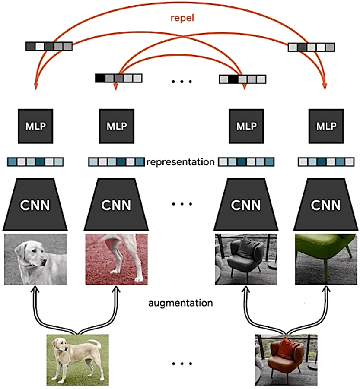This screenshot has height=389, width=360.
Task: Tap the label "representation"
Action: tap(180, 162)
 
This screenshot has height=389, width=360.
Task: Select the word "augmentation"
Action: tap(180, 303)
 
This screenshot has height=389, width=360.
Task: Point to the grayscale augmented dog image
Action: tap(35, 259)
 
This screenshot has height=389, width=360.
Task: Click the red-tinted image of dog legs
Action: tap(116, 259)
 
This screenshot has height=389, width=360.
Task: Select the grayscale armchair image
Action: tap(246, 259)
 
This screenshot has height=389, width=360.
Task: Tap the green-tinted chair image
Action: tap(326, 259)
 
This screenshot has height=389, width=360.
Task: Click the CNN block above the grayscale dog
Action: tap(35, 205)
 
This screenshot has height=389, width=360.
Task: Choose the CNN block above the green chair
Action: tap(326, 205)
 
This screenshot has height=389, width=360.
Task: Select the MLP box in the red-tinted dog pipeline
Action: tap(115, 126)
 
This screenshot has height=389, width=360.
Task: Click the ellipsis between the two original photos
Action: tap(181, 364)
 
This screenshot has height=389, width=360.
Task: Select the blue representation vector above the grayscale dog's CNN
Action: tap(35, 162)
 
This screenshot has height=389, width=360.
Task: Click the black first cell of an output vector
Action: tap(100, 78)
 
